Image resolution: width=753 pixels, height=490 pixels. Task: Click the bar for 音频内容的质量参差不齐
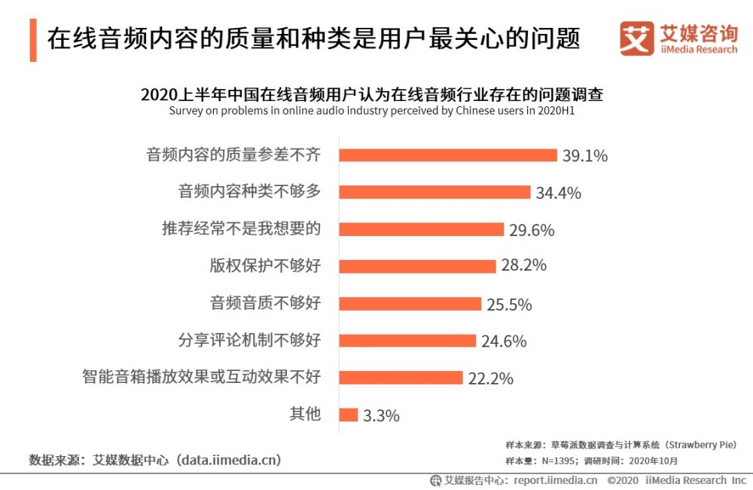click(448, 155)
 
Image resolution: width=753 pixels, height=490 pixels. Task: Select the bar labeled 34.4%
click(434, 191)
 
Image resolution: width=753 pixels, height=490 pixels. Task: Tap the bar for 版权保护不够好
click(417, 265)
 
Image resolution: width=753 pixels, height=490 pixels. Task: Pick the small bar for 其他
click(348, 414)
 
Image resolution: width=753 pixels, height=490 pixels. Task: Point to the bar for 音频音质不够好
click(410, 303)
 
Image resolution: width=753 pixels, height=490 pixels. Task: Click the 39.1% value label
click(585, 156)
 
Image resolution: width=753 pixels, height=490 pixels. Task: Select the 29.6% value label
click(532, 230)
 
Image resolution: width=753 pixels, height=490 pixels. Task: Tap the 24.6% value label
click(504, 341)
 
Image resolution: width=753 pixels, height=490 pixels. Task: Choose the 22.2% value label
click(490, 378)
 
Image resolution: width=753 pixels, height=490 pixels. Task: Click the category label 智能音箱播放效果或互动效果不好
click(201, 377)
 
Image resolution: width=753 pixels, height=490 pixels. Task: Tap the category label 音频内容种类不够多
click(249, 191)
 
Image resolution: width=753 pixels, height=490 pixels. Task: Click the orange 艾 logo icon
click(636, 38)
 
